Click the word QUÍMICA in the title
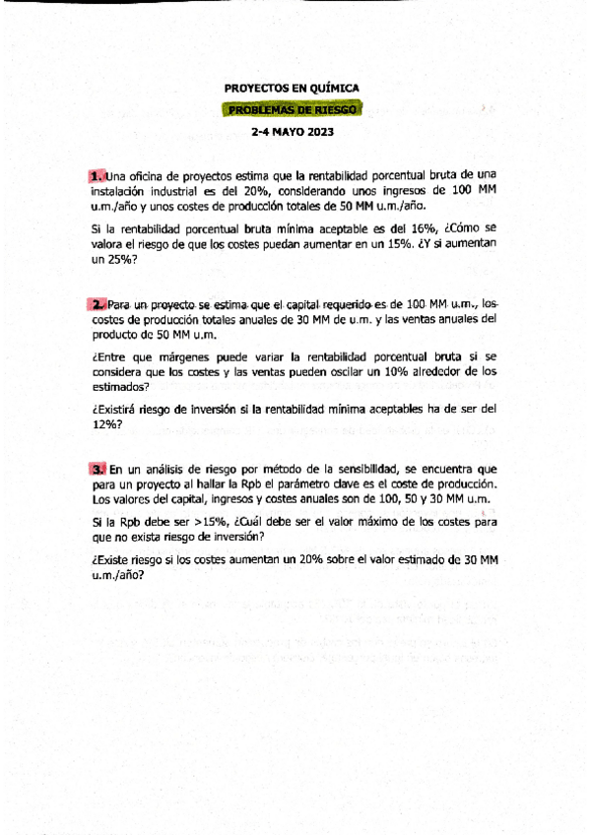[333, 88]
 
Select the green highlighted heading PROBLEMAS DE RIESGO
[294, 110]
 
